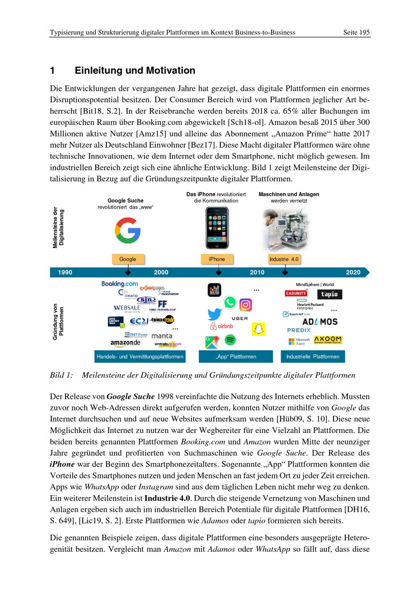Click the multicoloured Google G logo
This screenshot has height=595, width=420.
tap(128, 231)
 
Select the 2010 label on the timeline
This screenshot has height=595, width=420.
tap(257, 272)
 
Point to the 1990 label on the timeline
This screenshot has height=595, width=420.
tap(65, 272)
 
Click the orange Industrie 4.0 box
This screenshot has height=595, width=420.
tap(284, 259)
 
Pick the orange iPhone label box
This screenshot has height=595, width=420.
tap(217, 259)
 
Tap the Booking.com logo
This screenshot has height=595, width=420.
tap(119, 284)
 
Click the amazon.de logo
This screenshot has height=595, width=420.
tap(125, 343)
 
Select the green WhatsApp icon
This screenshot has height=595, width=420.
tap(230, 302)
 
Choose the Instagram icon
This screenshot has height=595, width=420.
tap(246, 305)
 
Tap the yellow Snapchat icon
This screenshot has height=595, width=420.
tap(259, 329)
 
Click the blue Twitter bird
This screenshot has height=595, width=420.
tap(215, 314)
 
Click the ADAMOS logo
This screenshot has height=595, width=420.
tap(320, 322)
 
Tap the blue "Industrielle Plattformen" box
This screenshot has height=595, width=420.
tap(312, 356)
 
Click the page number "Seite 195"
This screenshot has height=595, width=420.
tap(356, 32)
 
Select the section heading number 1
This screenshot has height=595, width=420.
tap(52, 71)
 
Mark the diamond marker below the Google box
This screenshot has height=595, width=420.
tap(128, 272)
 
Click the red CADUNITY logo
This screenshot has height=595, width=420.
tap(296, 293)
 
